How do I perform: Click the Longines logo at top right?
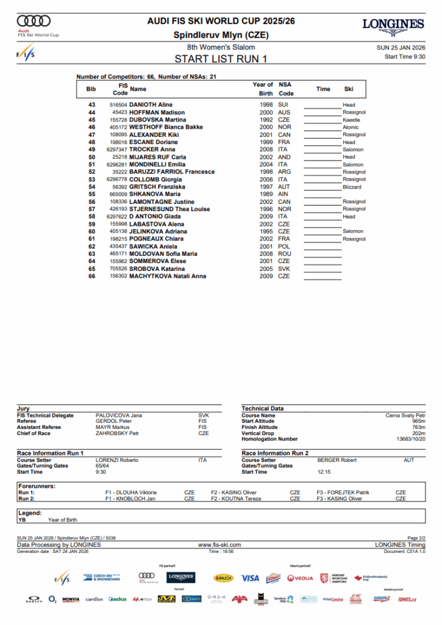click(393, 27)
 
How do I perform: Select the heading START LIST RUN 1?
click(221, 59)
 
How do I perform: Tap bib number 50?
click(92, 157)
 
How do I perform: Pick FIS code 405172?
click(118, 127)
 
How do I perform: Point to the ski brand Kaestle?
click(351, 120)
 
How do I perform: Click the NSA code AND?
click(283, 157)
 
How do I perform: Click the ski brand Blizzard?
click(352, 187)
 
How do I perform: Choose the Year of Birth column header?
click(263, 89)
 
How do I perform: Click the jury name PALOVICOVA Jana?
click(119, 416)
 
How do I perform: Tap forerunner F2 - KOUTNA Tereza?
click(236, 499)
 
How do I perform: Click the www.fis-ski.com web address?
click(219, 544)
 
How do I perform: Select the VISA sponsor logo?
click(250, 578)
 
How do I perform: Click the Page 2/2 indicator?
click(416, 538)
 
